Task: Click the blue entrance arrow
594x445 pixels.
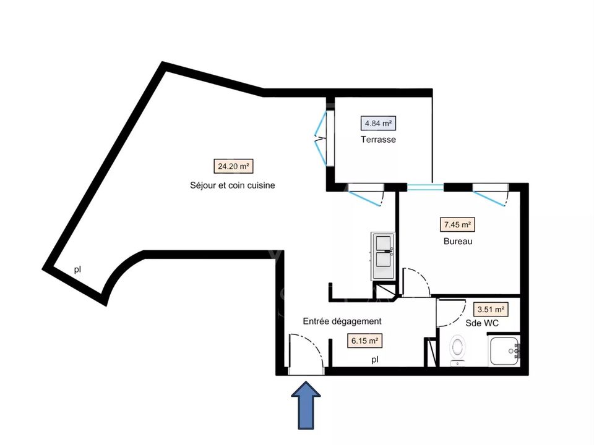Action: [306, 405]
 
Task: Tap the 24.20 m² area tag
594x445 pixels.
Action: [233, 166]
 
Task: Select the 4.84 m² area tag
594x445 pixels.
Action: [378, 123]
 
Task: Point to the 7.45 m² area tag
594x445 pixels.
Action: [457, 224]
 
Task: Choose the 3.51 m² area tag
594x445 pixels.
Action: [491, 309]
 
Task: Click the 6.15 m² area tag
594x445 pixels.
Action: [364, 341]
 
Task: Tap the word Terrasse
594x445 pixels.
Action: [378, 139]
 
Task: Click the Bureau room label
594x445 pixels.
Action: [458, 241]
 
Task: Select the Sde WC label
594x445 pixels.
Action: [482, 323]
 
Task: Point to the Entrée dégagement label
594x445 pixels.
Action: [342, 321]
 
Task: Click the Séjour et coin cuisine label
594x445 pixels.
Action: [232, 185]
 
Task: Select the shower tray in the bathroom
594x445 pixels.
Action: [504, 351]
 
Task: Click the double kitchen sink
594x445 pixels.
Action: [383, 256]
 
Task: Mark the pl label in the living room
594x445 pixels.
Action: [77, 270]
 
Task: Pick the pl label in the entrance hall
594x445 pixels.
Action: [375, 360]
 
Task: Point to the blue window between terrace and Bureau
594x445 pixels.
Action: [425, 187]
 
